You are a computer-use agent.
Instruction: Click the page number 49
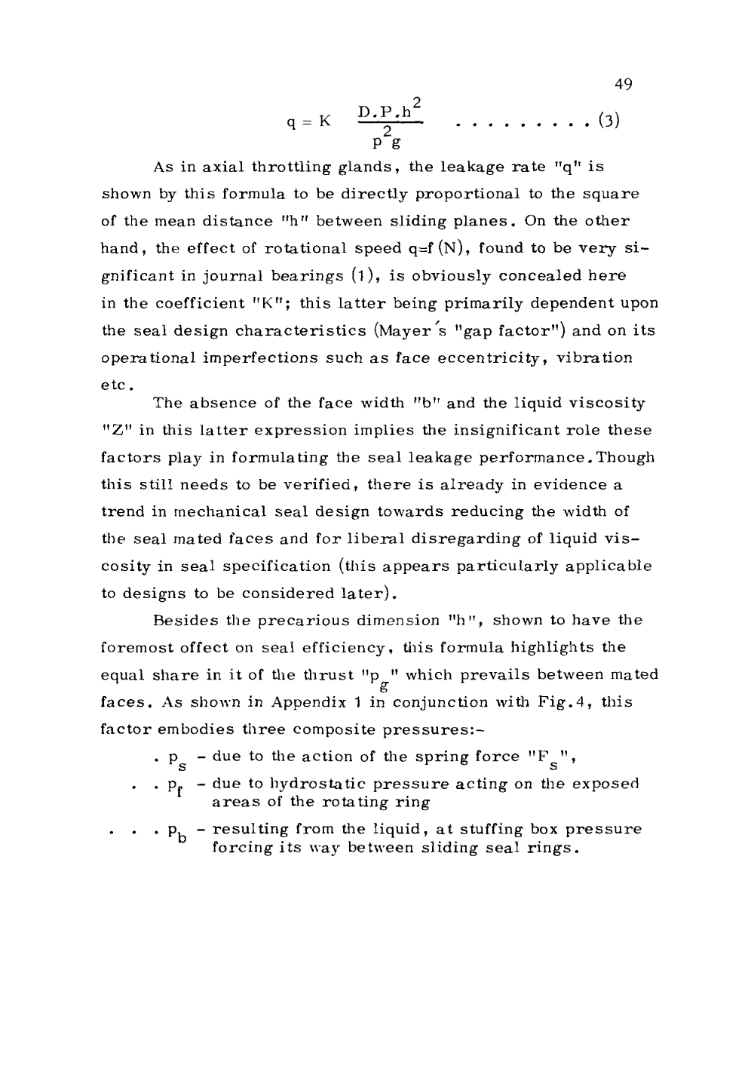[x=623, y=84]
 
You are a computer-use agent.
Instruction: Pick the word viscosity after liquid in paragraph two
[x=611, y=404]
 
